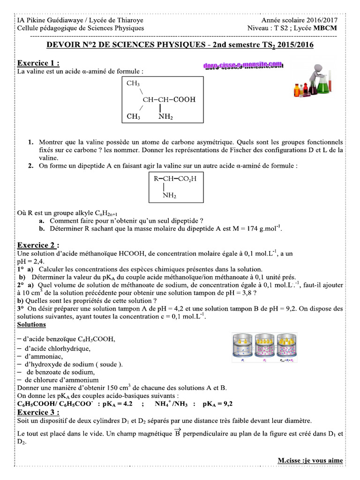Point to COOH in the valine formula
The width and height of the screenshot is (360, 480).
[x=184, y=99]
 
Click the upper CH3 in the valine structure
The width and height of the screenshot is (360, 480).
[x=133, y=83]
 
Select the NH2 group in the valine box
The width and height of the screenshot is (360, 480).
[x=165, y=117]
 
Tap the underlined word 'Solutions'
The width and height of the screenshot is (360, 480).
[x=31, y=324]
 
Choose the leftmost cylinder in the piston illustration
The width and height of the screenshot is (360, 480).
[x=242, y=347]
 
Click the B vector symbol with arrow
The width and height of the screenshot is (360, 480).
[x=178, y=433]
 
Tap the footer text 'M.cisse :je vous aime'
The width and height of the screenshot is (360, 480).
[x=310, y=460]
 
